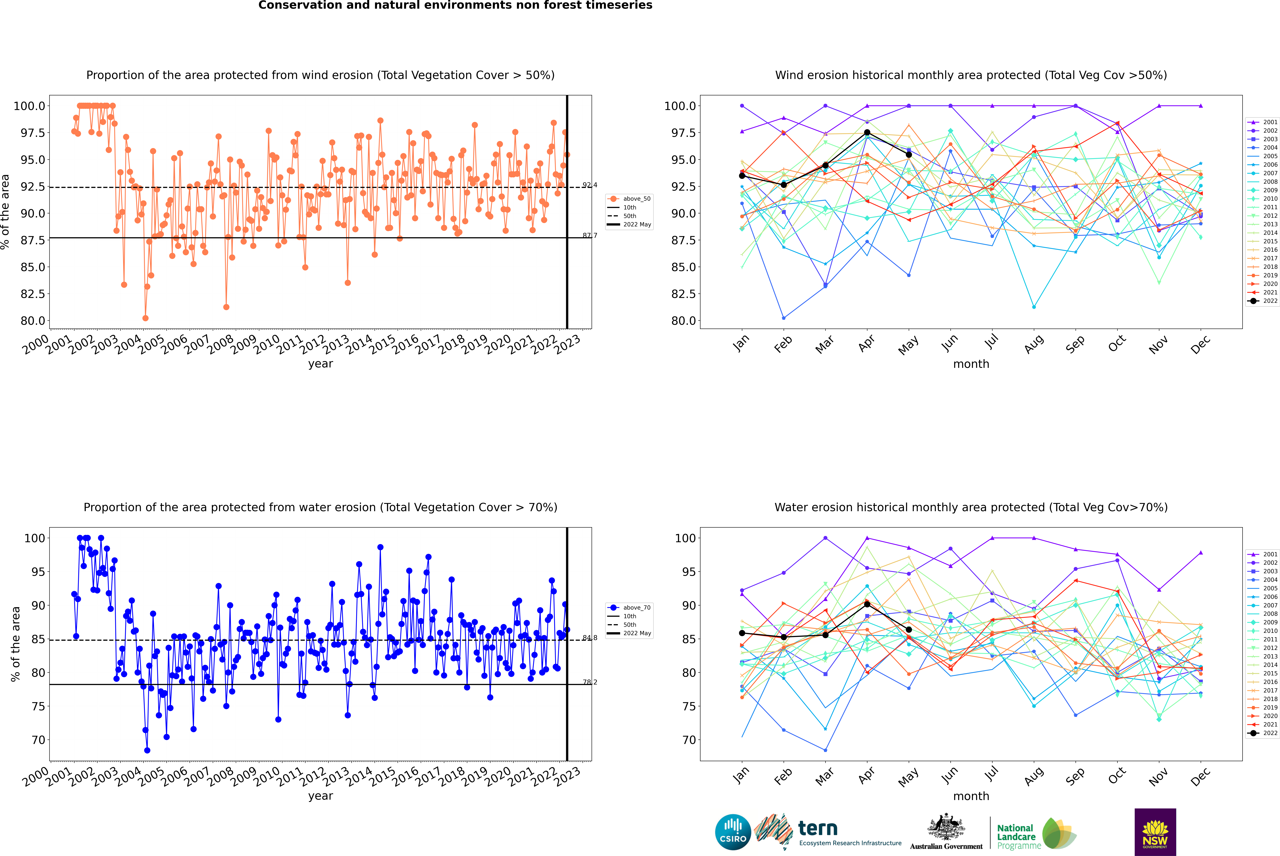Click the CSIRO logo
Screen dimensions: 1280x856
tap(733, 832)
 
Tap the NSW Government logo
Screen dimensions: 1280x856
tap(1155, 832)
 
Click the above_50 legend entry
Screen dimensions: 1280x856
tap(629, 199)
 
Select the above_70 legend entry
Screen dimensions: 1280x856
tap(629, 608)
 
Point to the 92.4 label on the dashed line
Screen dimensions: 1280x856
tap(590, 185)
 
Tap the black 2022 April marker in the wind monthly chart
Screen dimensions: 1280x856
tap(867, 133)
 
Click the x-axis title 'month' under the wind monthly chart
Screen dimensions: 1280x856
tap(971, 364)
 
